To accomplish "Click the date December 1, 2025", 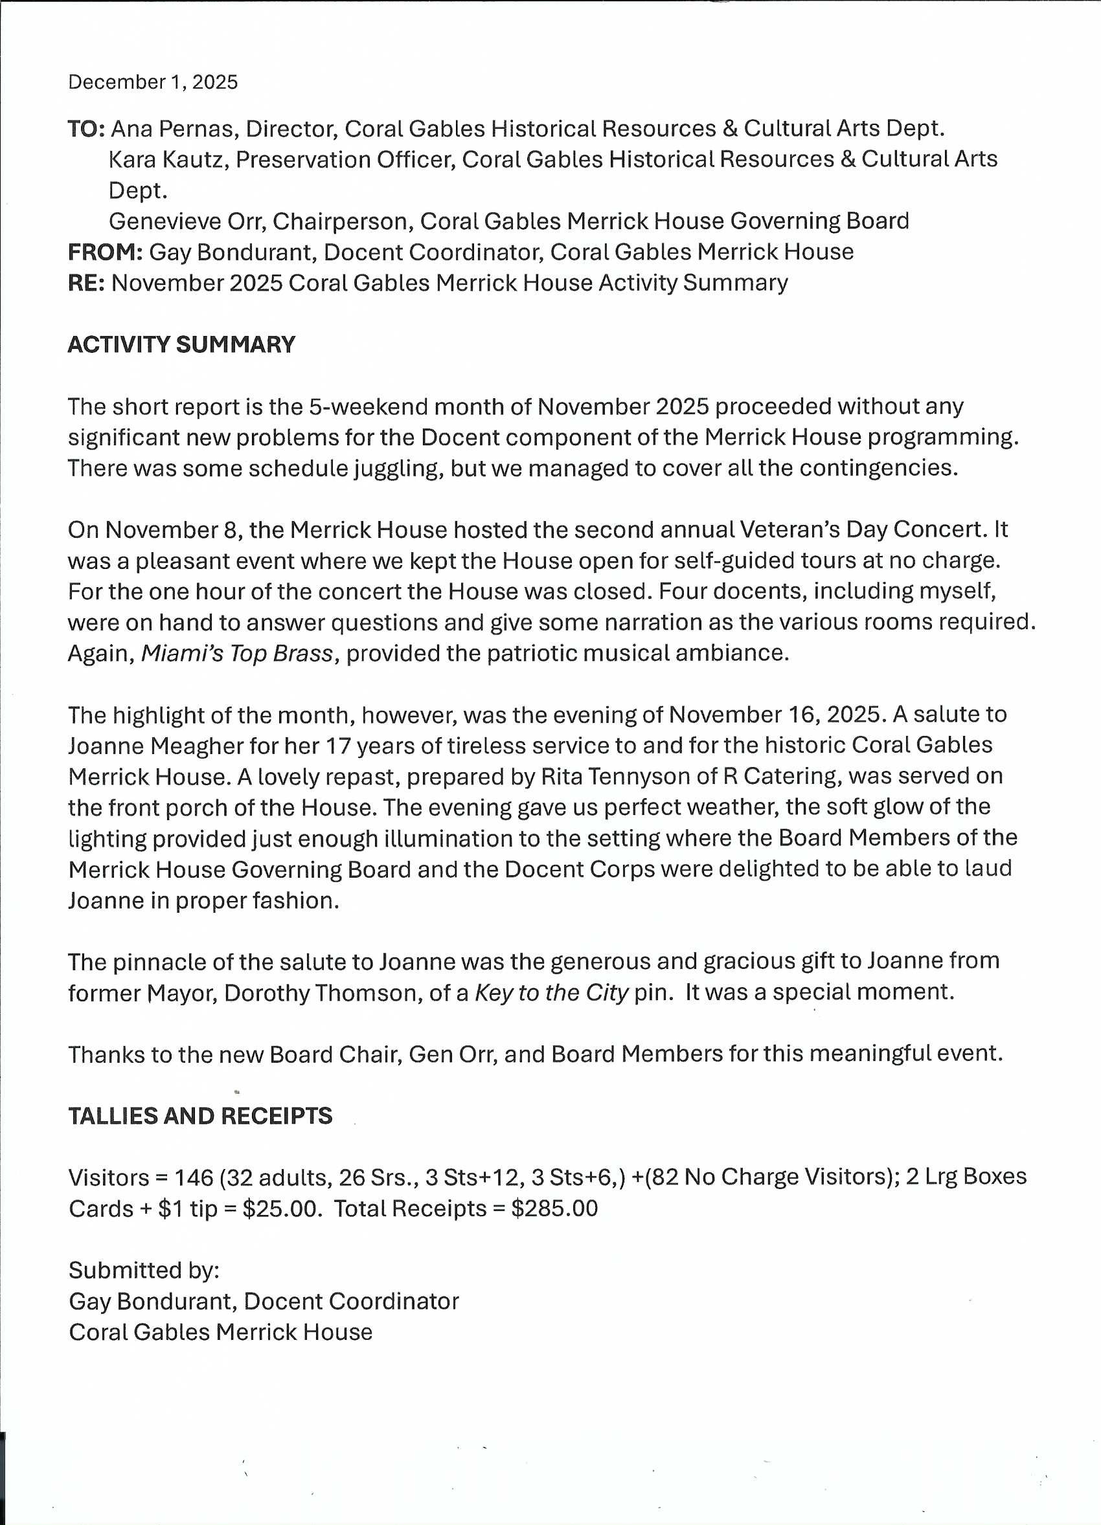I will coord(153,82).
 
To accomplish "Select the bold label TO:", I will coord(86,128).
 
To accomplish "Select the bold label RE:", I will coord(86,283).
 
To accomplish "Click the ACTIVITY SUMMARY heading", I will coord(181,345).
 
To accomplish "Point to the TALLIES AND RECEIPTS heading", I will coord(200,1116).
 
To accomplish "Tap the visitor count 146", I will coord(194,1177).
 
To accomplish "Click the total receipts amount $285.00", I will coord(554,1208).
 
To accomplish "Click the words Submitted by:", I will coord(144,1270).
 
